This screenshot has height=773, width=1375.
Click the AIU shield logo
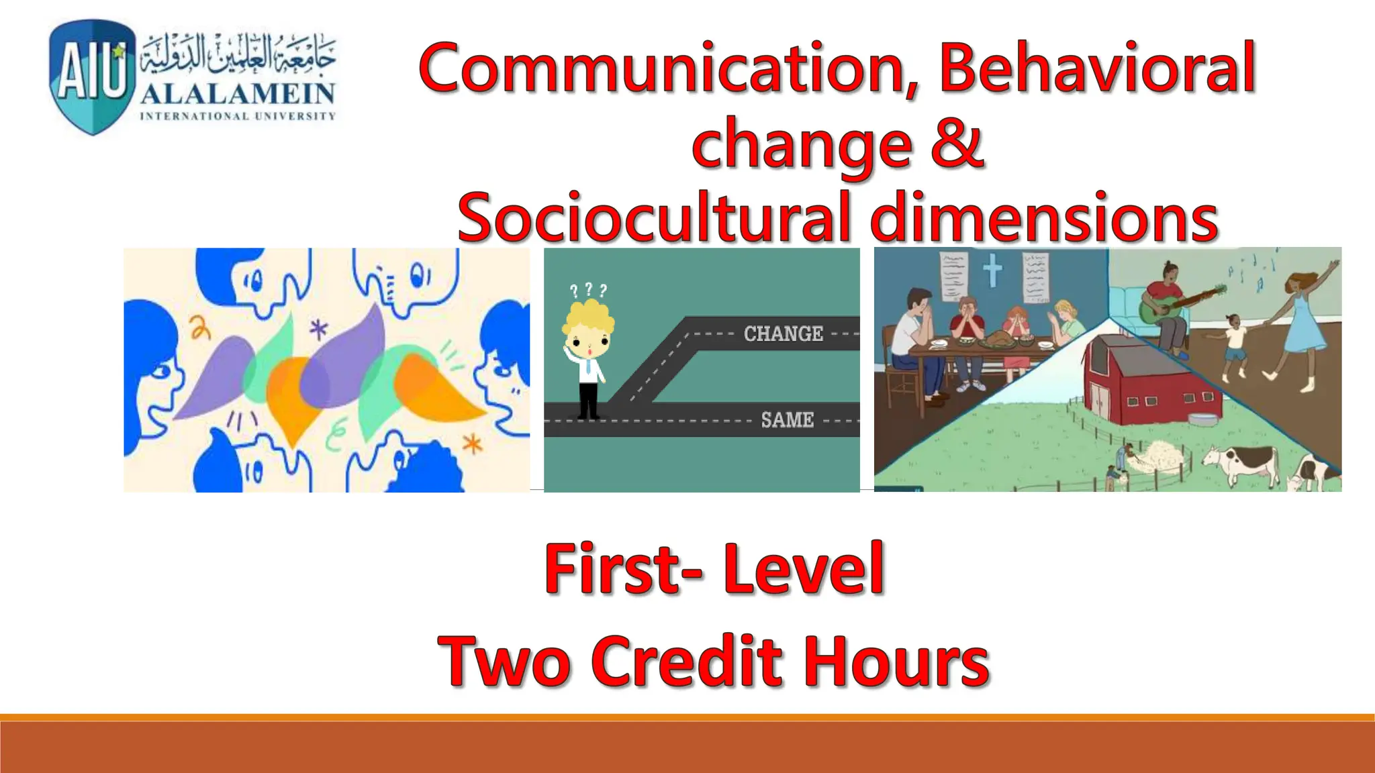tap(91, 76)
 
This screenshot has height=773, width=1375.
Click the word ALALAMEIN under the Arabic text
tap(238, 94)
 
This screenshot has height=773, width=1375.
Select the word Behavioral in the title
tap(1096, 68)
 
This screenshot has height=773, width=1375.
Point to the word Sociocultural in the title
tap(651, 217)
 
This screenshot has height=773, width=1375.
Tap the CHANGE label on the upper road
tap(783, 333)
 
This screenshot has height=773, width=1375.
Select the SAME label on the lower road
tap(787, 420)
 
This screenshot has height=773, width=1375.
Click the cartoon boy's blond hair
tap(588, 318)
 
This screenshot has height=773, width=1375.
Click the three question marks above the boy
tap(588, 291)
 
